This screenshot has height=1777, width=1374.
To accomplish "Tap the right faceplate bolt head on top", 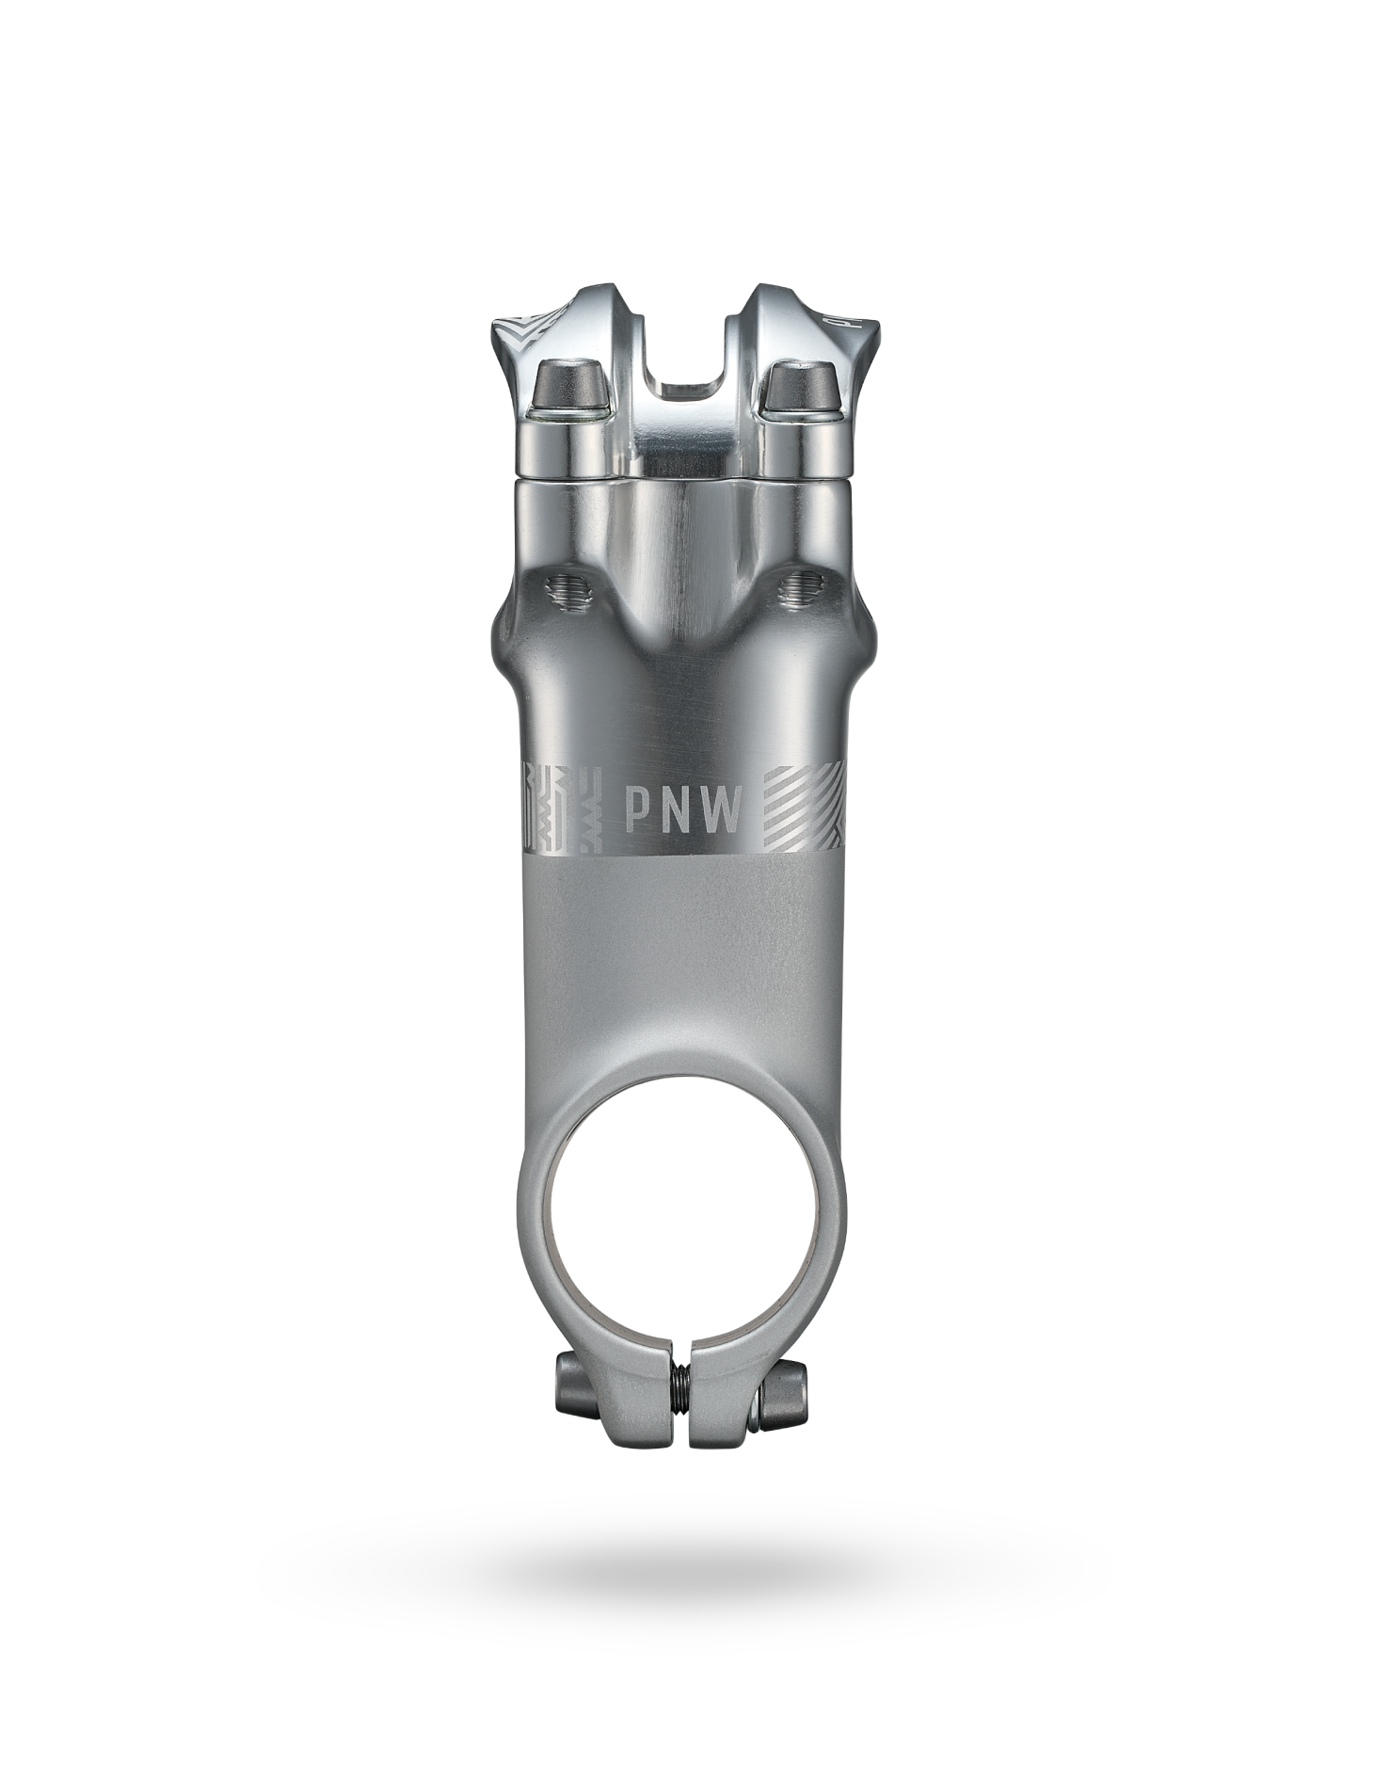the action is point(803,386).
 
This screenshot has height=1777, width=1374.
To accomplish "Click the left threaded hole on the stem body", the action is point(568,593).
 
